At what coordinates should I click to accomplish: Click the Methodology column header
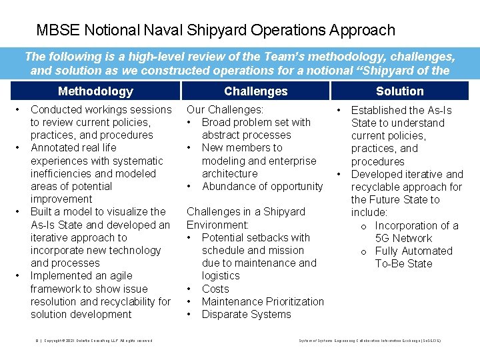(95, 91)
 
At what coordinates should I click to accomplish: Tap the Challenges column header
(256, 91)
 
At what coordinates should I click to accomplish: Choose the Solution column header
(399, 91)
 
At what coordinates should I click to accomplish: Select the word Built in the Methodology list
(43, 212)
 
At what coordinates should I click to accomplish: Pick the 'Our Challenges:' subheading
(225, 109)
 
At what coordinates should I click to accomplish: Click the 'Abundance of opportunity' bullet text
(262, 187)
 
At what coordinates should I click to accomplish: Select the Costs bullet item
(215, 289)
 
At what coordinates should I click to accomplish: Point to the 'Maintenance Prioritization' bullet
(263, 301)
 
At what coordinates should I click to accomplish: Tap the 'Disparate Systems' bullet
(246, 314)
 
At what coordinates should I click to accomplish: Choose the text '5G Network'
(404, 238)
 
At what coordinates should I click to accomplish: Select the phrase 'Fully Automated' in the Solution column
(413, 251)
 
